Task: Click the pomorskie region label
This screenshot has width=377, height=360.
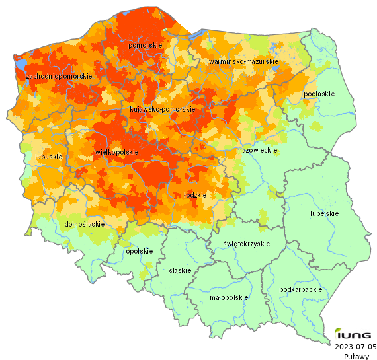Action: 145,45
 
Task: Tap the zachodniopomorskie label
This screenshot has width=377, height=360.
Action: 58,77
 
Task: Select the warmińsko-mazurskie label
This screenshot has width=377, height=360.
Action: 243,61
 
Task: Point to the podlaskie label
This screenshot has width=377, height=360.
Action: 319,94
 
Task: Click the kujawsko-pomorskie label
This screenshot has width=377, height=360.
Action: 162,109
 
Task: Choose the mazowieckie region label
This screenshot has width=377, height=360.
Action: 256,151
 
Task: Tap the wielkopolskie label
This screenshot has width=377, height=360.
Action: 117,152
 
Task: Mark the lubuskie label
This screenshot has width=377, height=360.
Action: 48,157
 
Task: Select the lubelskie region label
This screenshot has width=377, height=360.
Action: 324,213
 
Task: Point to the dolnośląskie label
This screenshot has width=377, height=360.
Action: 85,224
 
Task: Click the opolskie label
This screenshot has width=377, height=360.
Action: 139,251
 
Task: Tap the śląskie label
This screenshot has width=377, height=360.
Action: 180,270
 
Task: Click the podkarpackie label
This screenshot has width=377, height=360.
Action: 300,289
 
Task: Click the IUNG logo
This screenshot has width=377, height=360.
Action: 353,334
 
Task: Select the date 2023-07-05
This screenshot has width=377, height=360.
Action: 355,346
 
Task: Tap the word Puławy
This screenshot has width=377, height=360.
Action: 356,356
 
